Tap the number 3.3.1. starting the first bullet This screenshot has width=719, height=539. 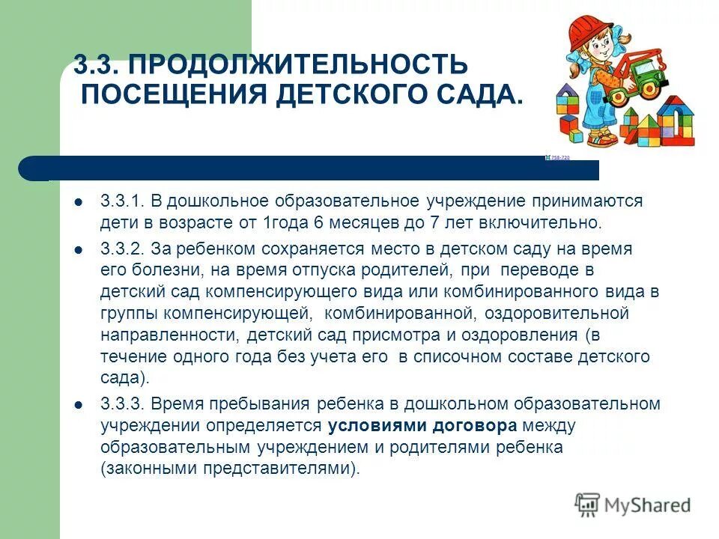tap(121, 201)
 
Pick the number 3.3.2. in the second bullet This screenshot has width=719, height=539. tap(121, 249)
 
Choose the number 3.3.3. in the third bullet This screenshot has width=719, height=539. tap(121, 404)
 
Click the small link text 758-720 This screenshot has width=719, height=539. tap(559, 157)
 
